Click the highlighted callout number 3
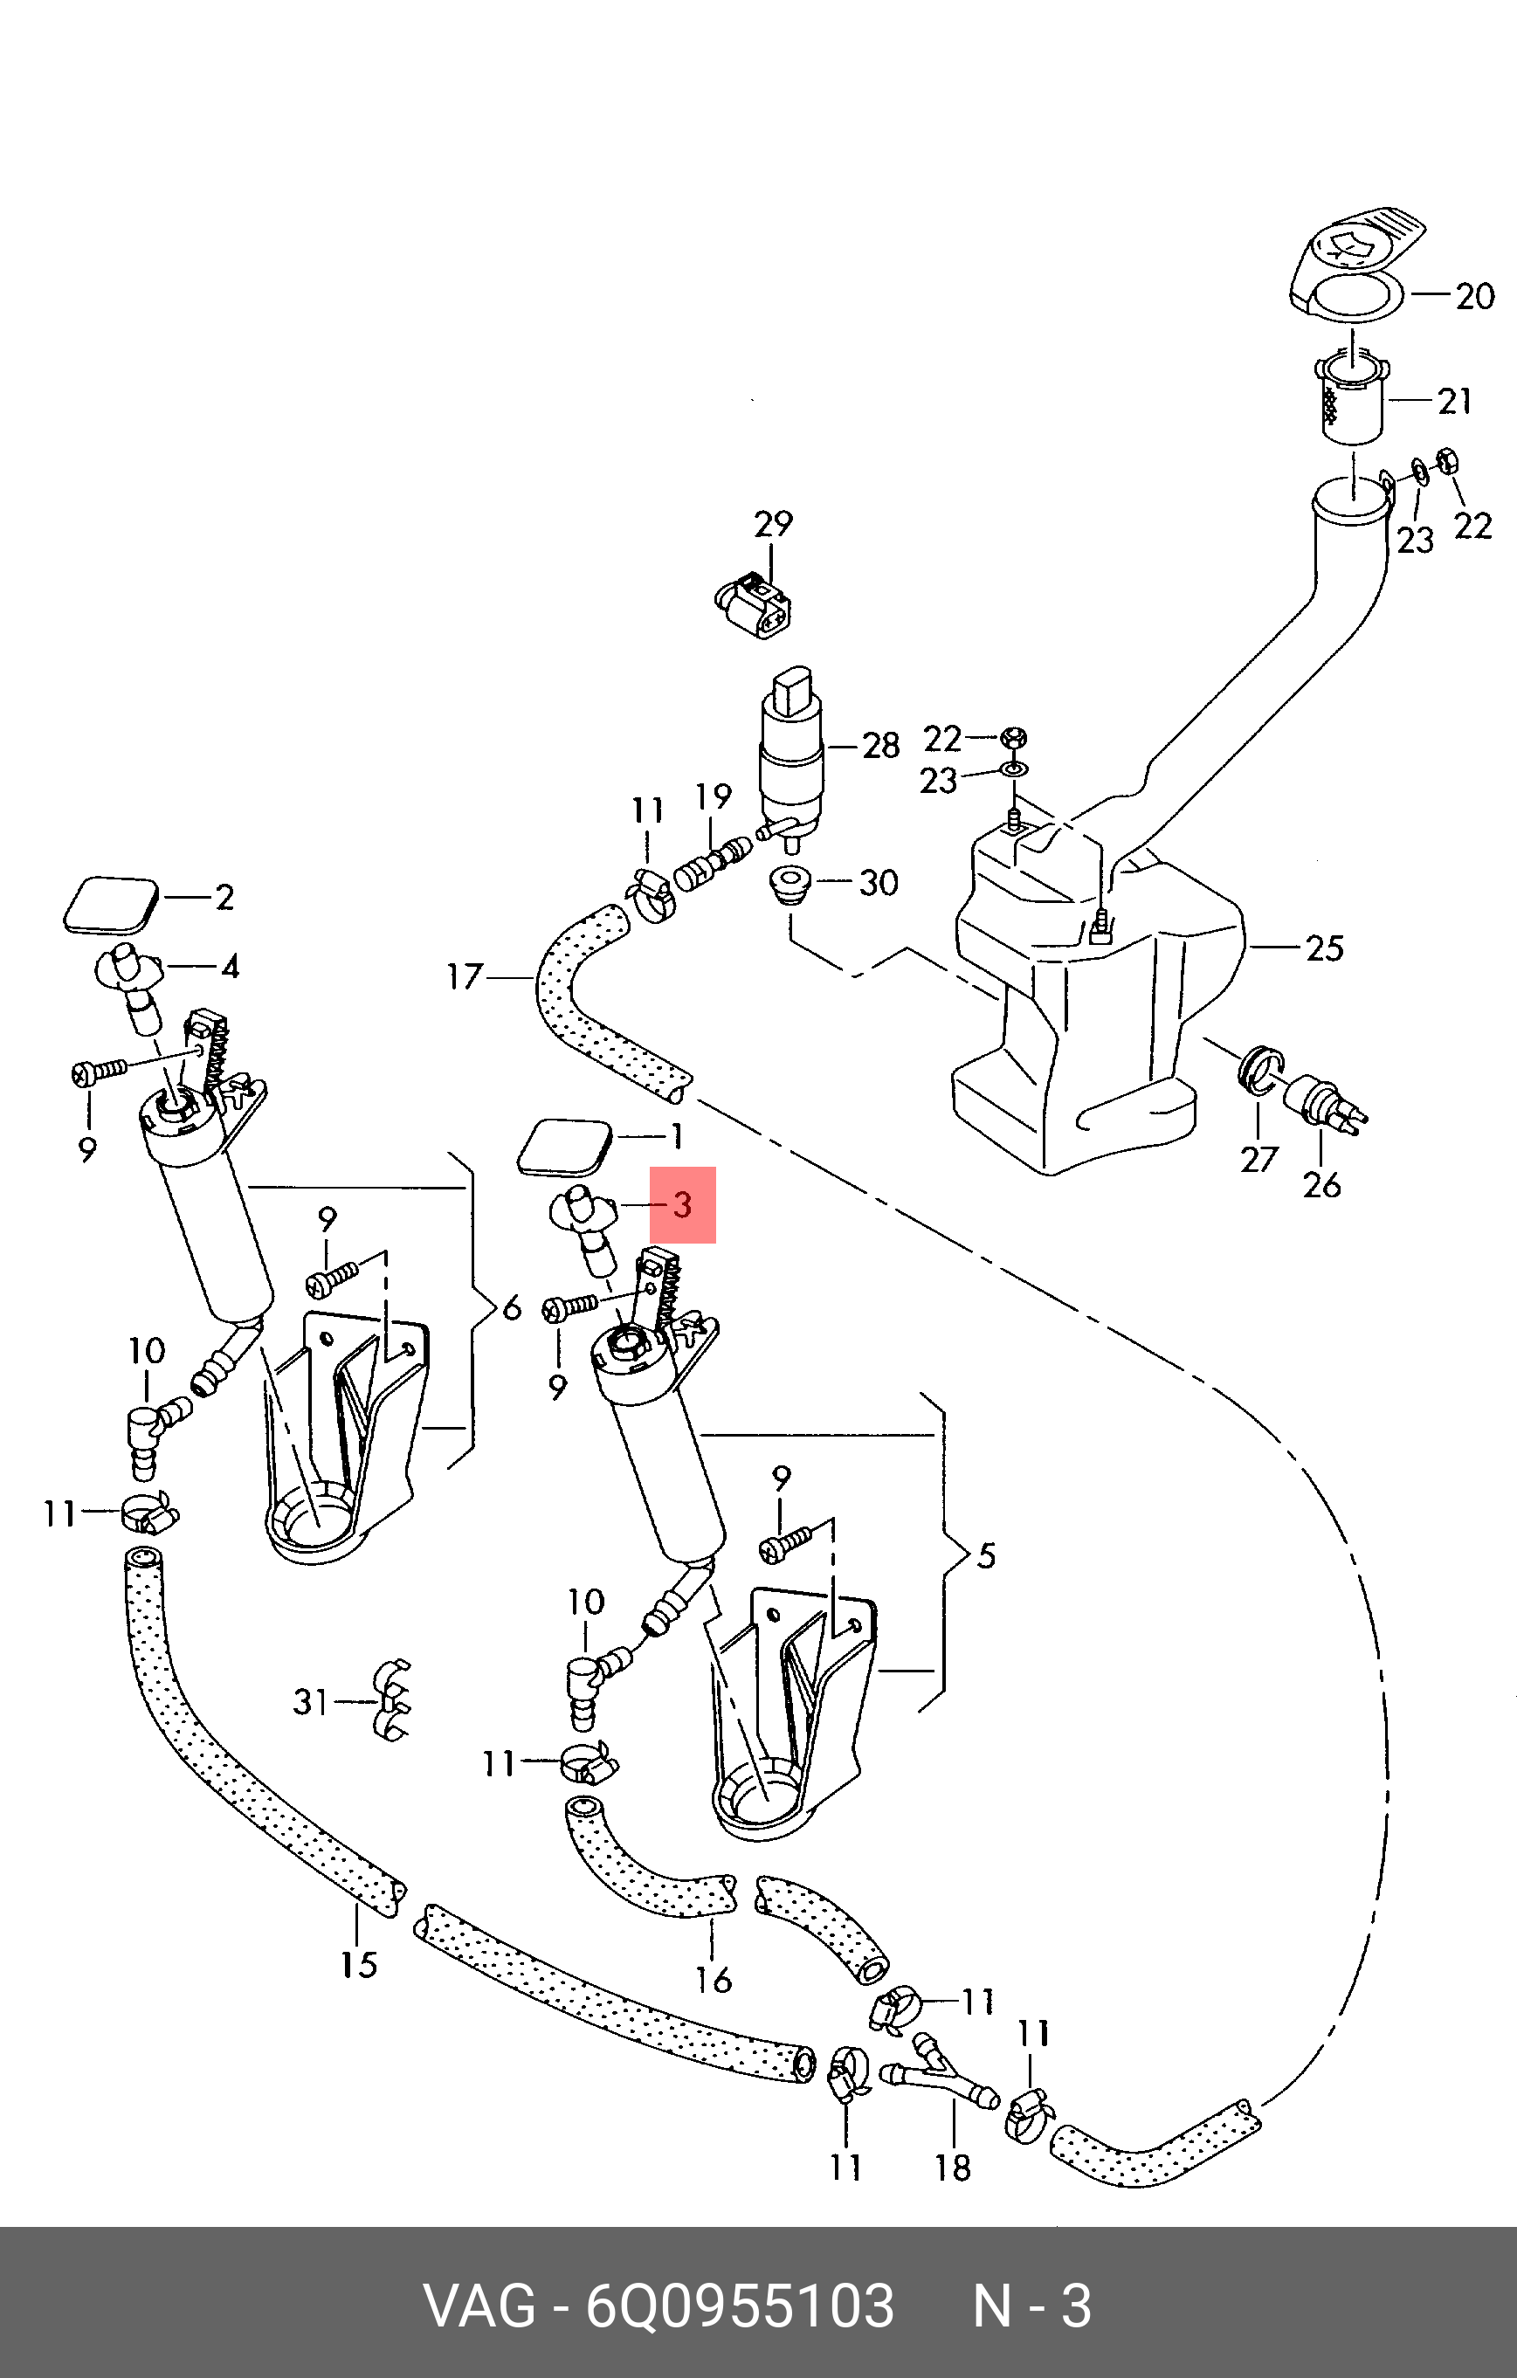681,1205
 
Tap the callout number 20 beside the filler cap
1476,296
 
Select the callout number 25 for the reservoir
1324,948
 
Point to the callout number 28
881,746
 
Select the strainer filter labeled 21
1352,395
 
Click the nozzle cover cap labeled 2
112,905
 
